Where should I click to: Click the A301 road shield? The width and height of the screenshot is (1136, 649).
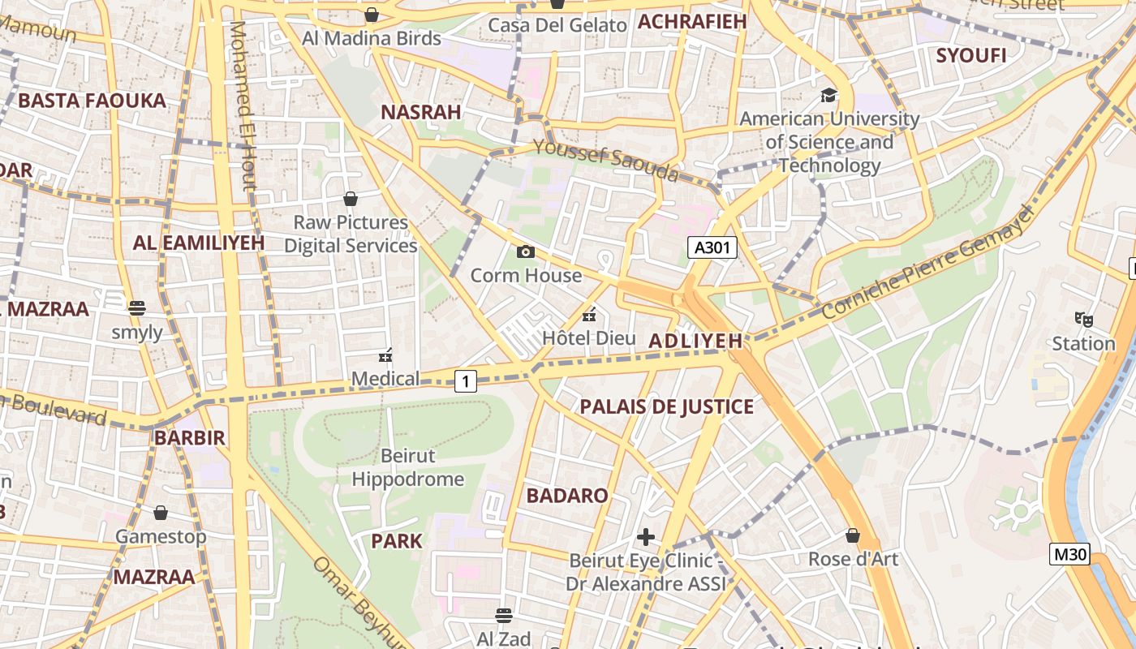[712, 247]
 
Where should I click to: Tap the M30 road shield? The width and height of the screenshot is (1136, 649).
[1069, 554]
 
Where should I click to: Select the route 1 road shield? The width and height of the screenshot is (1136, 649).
[465, 380]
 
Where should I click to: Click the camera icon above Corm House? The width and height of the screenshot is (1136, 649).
[526, 251]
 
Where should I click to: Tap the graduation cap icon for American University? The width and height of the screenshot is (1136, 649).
[828, 95]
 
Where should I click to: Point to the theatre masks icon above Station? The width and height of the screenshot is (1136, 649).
[1083, 319]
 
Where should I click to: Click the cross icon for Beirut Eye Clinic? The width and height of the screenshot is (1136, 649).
[646, 537]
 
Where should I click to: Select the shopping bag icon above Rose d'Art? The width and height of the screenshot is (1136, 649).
[853, 535]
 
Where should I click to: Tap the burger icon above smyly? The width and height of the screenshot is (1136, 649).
[136, 308]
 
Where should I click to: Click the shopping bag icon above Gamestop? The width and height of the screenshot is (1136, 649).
[161, 513]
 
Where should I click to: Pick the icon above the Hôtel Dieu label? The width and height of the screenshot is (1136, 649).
[590, 314]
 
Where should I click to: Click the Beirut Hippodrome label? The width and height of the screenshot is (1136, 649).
[408, 467]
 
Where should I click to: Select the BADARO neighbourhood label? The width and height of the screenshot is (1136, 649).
[567, 496]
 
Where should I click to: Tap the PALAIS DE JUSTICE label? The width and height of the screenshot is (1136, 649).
[666, 406]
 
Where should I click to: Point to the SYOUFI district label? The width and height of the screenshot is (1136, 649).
[970, 56]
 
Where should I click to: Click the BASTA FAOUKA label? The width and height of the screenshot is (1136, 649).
[92, 101]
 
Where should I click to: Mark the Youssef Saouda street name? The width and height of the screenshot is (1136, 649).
[605, 160]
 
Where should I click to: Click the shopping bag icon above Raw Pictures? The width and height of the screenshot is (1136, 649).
[351, 199]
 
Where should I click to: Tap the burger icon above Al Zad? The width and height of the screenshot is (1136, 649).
[504, 616]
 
